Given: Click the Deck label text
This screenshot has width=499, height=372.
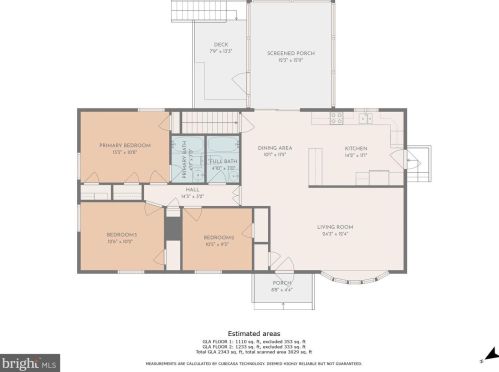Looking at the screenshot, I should (x=220, y=46).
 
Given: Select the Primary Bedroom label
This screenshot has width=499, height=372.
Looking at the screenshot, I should (x=124, y=148).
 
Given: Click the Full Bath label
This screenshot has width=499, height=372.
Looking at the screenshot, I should (x=222, y=163).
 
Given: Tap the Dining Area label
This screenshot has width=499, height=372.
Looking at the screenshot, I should (x=274, y=150).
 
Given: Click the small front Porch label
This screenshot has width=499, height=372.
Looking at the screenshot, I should (x=281, y=286).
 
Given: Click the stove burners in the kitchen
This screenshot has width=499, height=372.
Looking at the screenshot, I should (x=337, y=116).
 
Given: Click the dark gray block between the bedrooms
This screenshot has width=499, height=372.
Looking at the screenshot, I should (x=171, y=228).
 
